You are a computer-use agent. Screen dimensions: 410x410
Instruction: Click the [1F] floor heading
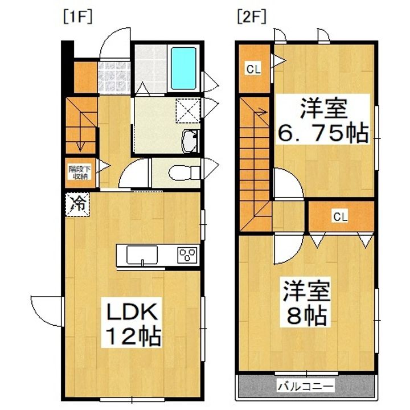click(x=78, y=18)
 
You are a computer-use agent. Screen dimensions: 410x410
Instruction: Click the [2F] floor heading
click(x=252, y=18)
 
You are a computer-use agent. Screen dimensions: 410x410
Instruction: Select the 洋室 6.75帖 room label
click(x=323, y=121)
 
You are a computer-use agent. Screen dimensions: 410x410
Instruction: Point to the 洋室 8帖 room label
click(x=305, y=302)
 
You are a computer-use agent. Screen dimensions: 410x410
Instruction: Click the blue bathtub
click(x=183, y=68)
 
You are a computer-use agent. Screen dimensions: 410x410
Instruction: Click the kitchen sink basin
click(x=142, y=255)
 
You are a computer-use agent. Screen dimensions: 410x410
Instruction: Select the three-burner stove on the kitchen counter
click(x=187, y=255)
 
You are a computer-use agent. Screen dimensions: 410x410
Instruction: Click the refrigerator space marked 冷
click(x=77, y=204)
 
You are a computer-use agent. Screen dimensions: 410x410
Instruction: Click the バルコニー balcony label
click(x=306, y=386)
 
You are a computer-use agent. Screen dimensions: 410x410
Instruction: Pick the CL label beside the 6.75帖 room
click(x=253, y=69)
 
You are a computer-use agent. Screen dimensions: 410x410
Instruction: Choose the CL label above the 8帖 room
click(x=340, y=216)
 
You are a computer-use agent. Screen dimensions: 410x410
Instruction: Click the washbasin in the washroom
click(x=190, y=141)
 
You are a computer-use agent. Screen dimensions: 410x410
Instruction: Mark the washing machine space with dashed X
click(x=188, y=110)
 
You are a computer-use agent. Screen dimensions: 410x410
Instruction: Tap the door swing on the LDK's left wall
click(x=47, y=311)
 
